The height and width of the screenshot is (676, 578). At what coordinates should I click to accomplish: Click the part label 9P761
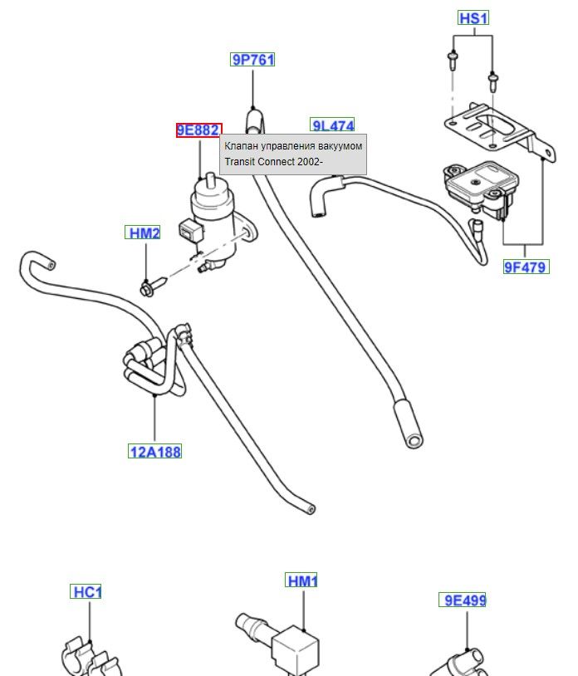[252, 59]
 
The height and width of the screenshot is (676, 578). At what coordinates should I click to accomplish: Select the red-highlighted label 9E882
[198, 130]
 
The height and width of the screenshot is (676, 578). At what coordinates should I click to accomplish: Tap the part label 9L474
[332, 125]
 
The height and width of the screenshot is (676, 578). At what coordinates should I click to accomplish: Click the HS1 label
[473, 17]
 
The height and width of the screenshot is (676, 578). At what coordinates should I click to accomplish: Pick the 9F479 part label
[525, 267]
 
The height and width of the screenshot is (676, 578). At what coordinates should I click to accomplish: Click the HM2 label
[144, 233]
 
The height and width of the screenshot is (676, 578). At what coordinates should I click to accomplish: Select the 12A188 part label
[154, 452]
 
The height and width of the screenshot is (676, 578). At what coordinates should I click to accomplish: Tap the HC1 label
[87, 592]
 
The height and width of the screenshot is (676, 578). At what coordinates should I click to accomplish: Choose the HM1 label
[302, 581]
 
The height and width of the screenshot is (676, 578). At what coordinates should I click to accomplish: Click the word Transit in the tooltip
[239, 162]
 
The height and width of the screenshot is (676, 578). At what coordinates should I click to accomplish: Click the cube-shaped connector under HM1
[296, 650]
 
